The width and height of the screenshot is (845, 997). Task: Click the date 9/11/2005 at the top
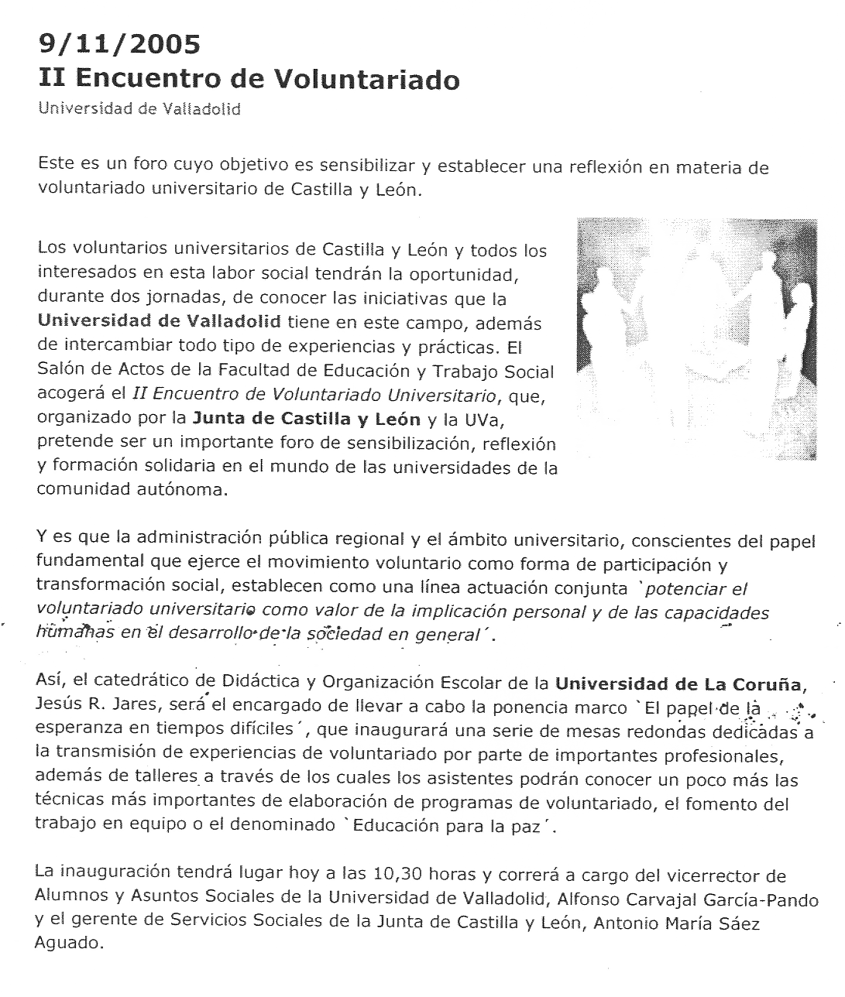(x=119, y=45)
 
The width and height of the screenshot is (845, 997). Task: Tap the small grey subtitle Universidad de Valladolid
(x=139, y=109)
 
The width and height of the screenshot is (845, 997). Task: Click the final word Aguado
(x=68, y=944)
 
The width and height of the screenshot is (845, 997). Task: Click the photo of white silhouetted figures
(x=696, y=339)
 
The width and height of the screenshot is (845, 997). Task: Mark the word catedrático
(x=150, y=684)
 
